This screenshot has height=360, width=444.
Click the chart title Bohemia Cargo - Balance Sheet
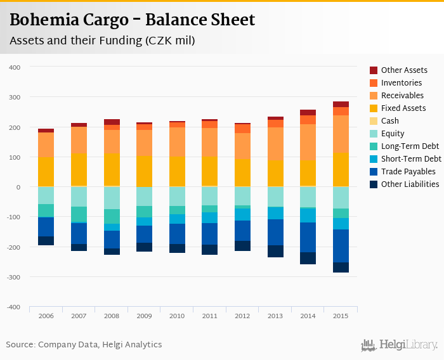pyautogui.click(x=132, y=20)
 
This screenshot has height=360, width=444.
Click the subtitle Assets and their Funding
pyautogui.click(x=102, y=41)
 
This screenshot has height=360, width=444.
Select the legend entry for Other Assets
pyautogui.click(x=404, y=70)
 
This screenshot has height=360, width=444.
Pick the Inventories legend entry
pyautogui.click(x=402, y=83)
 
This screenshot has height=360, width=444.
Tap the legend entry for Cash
pyautogui.click(x=390, y=121)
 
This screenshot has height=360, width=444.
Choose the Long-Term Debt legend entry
pyautogui.click(x=410, y=146)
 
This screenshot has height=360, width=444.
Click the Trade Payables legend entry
pyautogui.click(x=408, y=172)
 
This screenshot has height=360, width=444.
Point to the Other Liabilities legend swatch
pyautogui.click(x=374, y=184)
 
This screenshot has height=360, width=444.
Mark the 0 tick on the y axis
pyautogui.click(x=19, y=187)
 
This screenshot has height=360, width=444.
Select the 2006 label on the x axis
pyautogui.click(x=46, y=316)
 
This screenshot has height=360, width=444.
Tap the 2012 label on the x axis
pyautogui.click(x=242, y=316)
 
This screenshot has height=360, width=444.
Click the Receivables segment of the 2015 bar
pyautogui.click(x=341, y=134)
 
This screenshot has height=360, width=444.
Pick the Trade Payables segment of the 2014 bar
pyautogui.click(x=308, y=237)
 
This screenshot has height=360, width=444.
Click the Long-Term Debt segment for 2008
pyautogui.click(x=112, y=216)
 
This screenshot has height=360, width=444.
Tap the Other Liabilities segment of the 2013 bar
pyautogui.click(x=275, y=251)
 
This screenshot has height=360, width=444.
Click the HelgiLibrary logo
pyautogui.click(x=399, y=345)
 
